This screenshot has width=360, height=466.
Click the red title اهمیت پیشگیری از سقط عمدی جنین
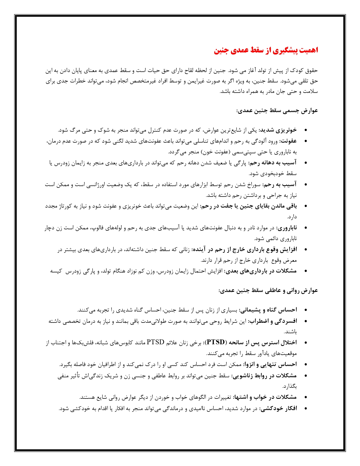[x=266, y=50]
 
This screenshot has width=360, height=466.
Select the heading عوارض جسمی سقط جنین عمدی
[x=277, y=110]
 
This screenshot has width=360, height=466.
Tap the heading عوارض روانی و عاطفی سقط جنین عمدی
[x=268, y=291]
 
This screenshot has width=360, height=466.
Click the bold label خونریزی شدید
[x=278, y=130]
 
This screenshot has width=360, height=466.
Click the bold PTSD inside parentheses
[x=215, y=343]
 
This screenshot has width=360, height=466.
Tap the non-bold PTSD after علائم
[x=155, y=343]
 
